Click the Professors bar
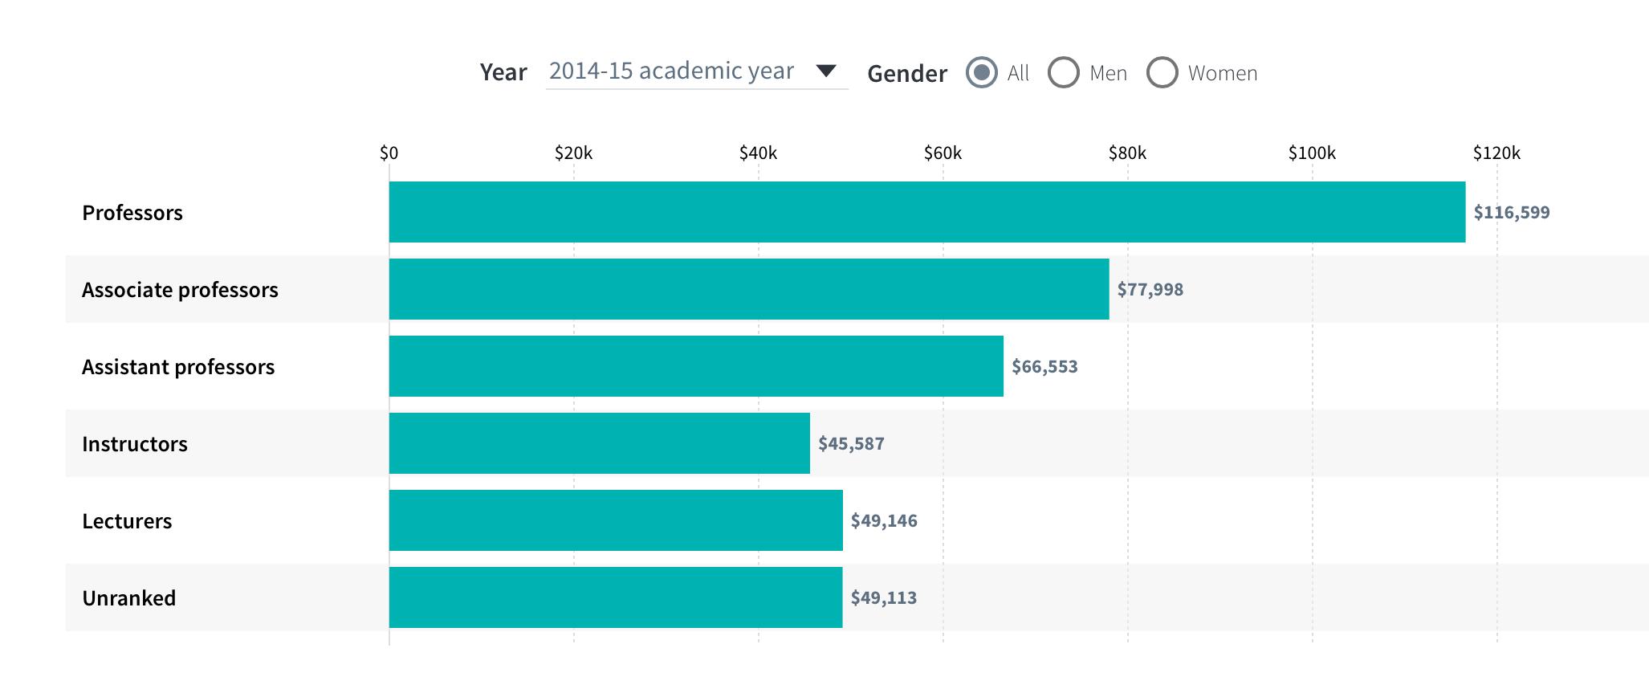pos(926,212)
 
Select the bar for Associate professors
pos(748,289)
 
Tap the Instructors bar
pos(599,443)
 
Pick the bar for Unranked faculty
pos(615,597)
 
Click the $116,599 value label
pos(1511,212)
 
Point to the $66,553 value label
pos(1044,367)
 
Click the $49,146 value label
pos(883,521)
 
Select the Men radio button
pos(1064,72)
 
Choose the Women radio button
pos(1162,72)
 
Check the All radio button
pos(981,72)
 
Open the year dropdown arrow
pos(826,71)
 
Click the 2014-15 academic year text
pos(671,71)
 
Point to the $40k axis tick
pos(758,153)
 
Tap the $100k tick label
pos(1312,153)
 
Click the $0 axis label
pos(389,153)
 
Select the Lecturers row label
pos(127,521)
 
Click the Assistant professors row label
pos(178,367)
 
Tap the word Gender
pos(907,74)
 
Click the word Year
pos(503,72)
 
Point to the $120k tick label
pos(1496,153)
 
